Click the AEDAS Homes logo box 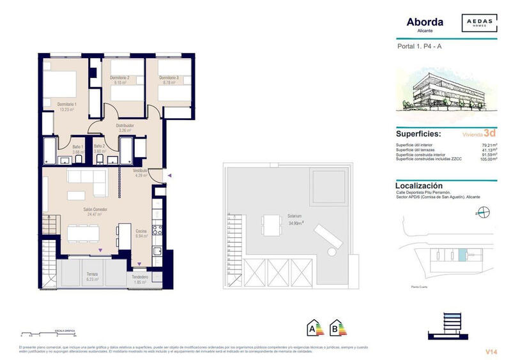pos(480,24)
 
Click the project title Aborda pos(425,22)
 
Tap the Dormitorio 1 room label pos(67,104)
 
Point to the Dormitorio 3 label pos(169,78)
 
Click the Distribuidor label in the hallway pos(125,126)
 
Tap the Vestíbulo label pos(141,171)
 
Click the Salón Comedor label pos(95,209)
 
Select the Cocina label pos(142,231)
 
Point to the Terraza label pos(93,274)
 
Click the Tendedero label pos(141,277)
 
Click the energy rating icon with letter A pos(314,329)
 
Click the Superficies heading pos(419,135)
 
